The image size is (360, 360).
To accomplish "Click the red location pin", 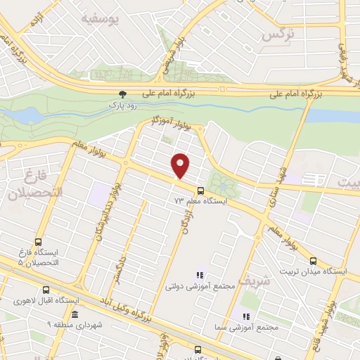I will click(181, 165).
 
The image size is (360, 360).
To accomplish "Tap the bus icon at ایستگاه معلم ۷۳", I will click(201, 190).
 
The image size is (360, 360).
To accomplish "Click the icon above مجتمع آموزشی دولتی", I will click(199, 275).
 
